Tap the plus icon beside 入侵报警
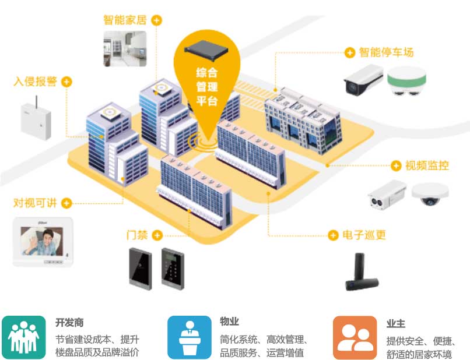tap(67, 82)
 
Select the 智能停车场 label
tap(386, 52)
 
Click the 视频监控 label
tap(427, 165)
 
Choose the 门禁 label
tap(137, 235)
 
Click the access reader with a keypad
tap(172, 266)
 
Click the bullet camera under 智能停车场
tap(363, 79)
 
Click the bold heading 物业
tap(229, 322)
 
